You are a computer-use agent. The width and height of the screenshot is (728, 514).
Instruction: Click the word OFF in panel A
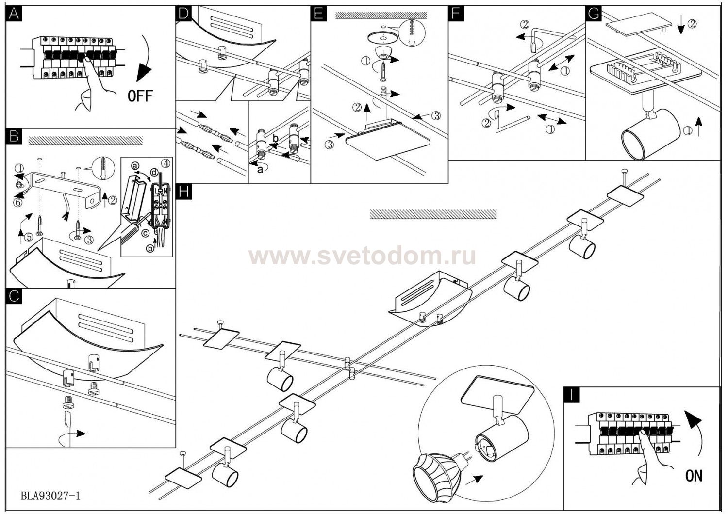[140, 96]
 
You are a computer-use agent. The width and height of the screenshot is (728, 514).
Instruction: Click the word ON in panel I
[694, 476]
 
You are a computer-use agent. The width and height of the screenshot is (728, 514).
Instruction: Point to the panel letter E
[318, 14]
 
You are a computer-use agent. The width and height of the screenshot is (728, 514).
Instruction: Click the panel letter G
[593, 14]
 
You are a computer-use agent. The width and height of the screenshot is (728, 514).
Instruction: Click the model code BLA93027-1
[50, 496]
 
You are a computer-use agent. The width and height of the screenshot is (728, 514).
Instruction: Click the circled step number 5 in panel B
[29, 238]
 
